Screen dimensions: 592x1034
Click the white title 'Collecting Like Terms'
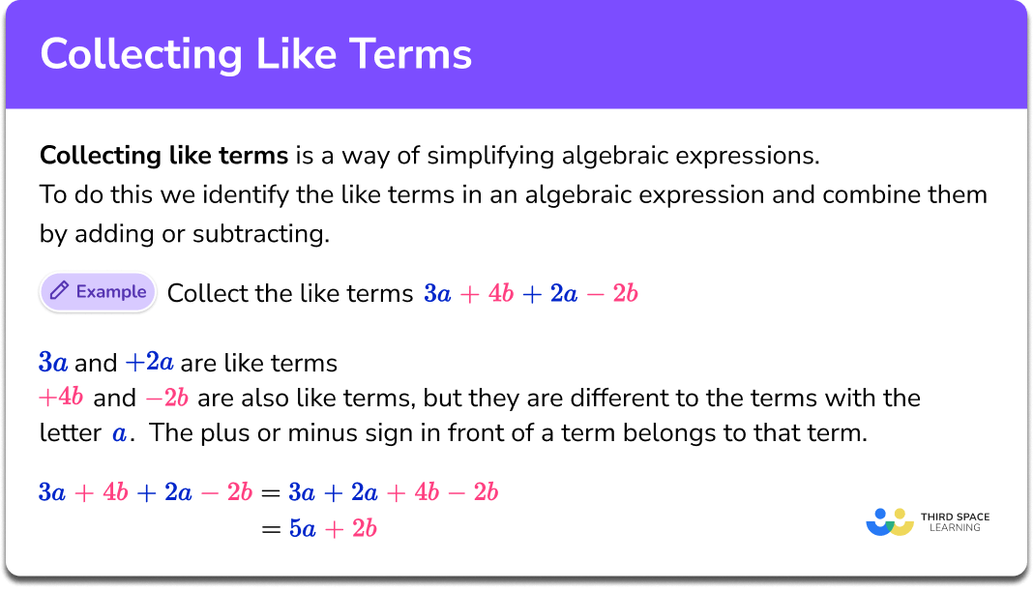255,54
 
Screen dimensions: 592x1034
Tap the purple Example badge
98,292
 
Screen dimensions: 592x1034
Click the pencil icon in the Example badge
59,292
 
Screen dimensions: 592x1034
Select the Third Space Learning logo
928,521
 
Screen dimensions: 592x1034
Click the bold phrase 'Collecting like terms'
163,155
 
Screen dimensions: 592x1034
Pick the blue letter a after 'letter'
120,433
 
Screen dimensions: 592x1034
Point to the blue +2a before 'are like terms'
149,364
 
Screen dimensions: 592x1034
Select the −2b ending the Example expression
619,293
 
